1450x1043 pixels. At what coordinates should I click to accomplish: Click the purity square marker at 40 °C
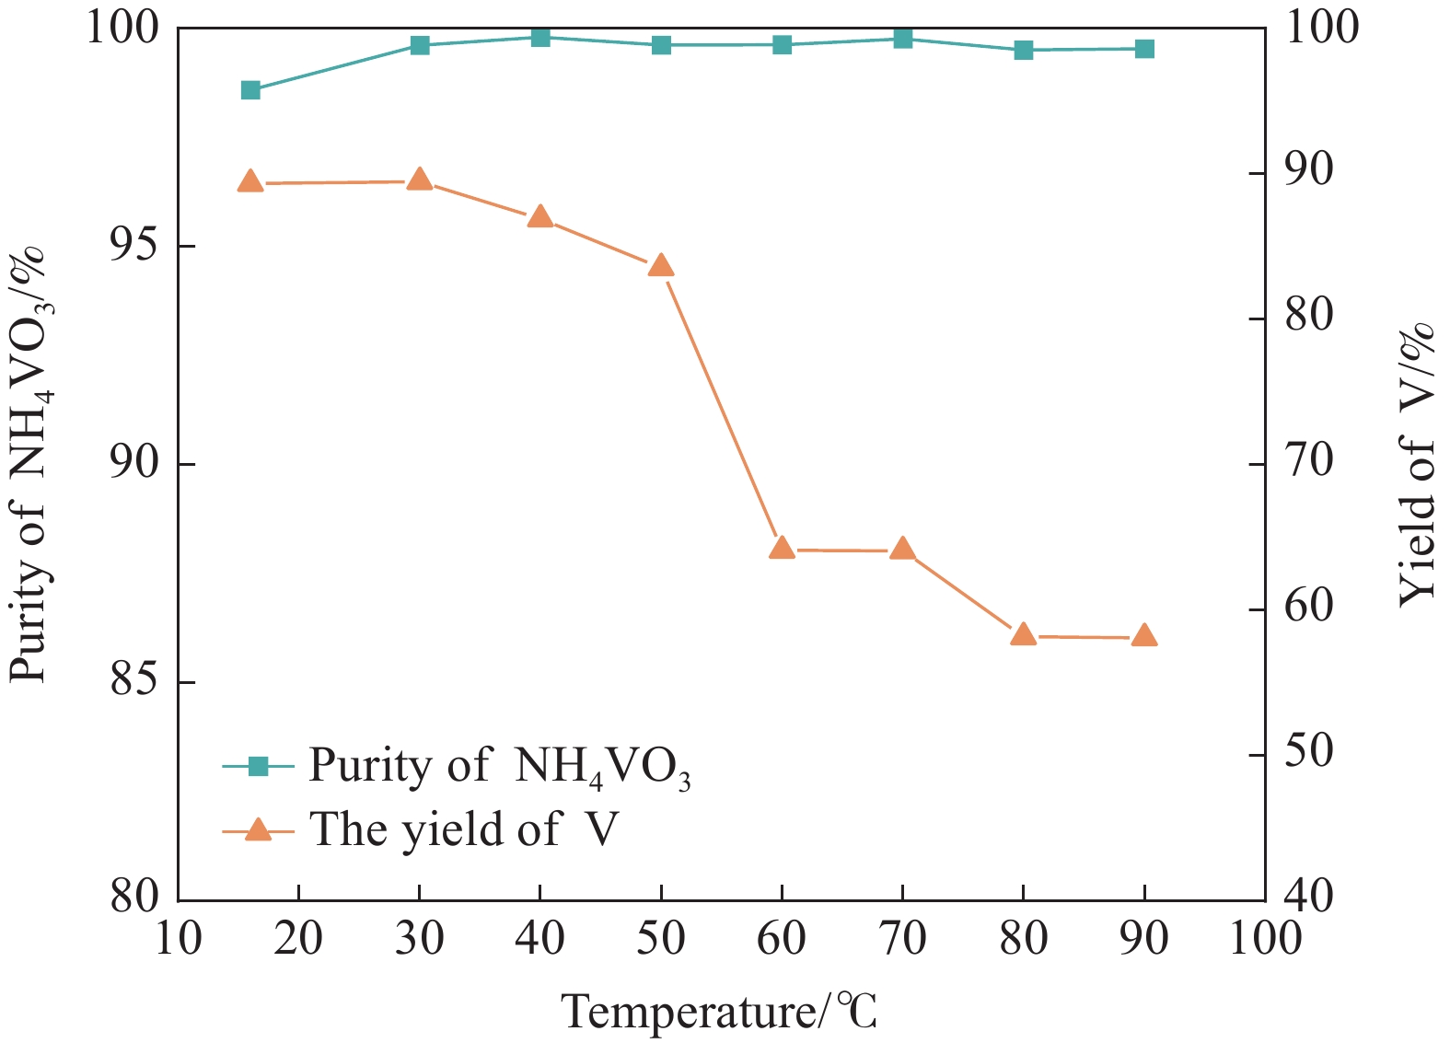pos(540,37)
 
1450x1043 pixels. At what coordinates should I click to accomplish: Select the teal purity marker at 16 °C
pos(250,90)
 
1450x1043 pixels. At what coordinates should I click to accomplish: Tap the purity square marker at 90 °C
pos(1144,49)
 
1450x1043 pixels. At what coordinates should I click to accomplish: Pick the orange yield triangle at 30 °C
pos(420,180)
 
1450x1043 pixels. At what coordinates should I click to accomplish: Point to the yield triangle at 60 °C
pos(782,549)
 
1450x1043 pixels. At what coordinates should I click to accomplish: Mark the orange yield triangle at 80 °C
pos(1023,634)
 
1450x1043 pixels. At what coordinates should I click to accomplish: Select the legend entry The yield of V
pos(464,829)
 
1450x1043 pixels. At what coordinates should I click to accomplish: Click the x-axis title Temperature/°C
pos(720,1012)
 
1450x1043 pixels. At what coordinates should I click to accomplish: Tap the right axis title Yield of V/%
pos(1418,465)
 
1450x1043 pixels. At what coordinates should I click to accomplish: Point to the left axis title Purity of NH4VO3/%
pos(31,465)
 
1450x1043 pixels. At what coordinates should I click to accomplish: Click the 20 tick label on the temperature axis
pos(299,939)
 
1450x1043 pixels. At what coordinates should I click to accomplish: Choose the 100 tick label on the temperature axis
pos(1263,939)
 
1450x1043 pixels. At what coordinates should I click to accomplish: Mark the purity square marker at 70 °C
pos(902,39)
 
